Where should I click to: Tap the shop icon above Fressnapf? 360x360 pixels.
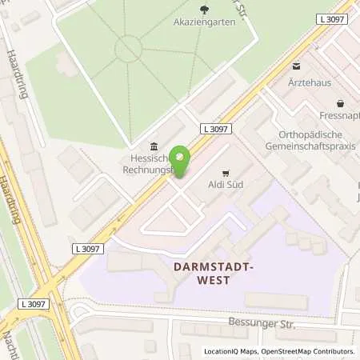click(341, 103)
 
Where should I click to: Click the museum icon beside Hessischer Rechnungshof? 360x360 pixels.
click(152, 146)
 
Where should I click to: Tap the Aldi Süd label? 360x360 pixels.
click(226, 185)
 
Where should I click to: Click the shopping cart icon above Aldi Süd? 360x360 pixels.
click(226, 171)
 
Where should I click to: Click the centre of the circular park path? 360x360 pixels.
click(129, 50)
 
